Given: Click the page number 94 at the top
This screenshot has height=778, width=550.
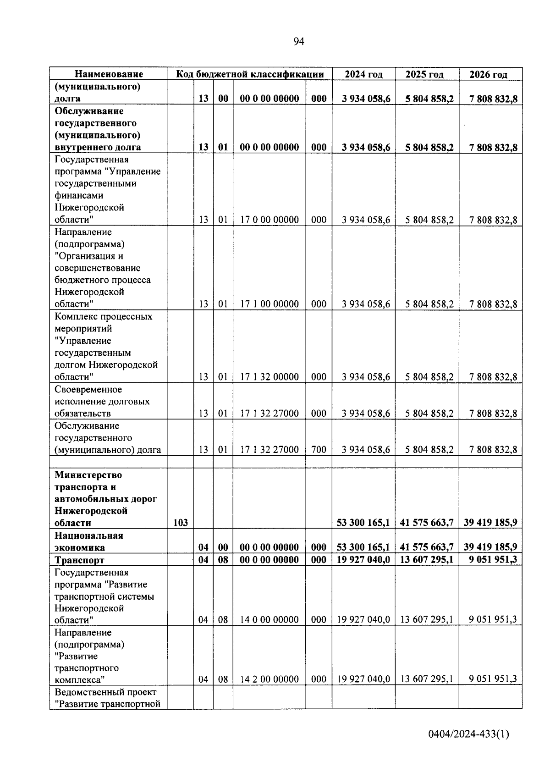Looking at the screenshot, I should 298,42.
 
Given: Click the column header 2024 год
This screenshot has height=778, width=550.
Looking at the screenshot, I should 363,74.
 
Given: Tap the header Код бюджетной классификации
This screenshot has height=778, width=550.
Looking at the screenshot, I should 250,74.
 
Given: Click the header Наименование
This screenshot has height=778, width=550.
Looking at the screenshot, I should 109,74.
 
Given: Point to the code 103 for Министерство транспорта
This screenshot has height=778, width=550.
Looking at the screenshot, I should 181,523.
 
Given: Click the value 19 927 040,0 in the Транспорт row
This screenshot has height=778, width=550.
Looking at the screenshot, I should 363,560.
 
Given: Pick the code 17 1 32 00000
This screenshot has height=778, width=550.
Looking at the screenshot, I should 269,377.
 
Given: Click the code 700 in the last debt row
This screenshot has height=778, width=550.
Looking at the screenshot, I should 319,450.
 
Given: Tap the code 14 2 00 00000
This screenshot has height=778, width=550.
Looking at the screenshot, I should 269,679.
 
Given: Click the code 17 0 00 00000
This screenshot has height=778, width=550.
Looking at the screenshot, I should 269,220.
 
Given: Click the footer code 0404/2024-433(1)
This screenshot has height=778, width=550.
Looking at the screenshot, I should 468,734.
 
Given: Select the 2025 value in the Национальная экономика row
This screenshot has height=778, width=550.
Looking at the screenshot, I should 427,547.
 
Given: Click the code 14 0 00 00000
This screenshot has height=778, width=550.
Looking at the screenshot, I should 269,620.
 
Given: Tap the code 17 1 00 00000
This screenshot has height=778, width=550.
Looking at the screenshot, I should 269,304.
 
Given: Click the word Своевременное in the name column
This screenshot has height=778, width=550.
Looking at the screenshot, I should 88,390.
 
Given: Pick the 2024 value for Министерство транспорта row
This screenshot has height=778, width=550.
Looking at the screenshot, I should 363,523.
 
